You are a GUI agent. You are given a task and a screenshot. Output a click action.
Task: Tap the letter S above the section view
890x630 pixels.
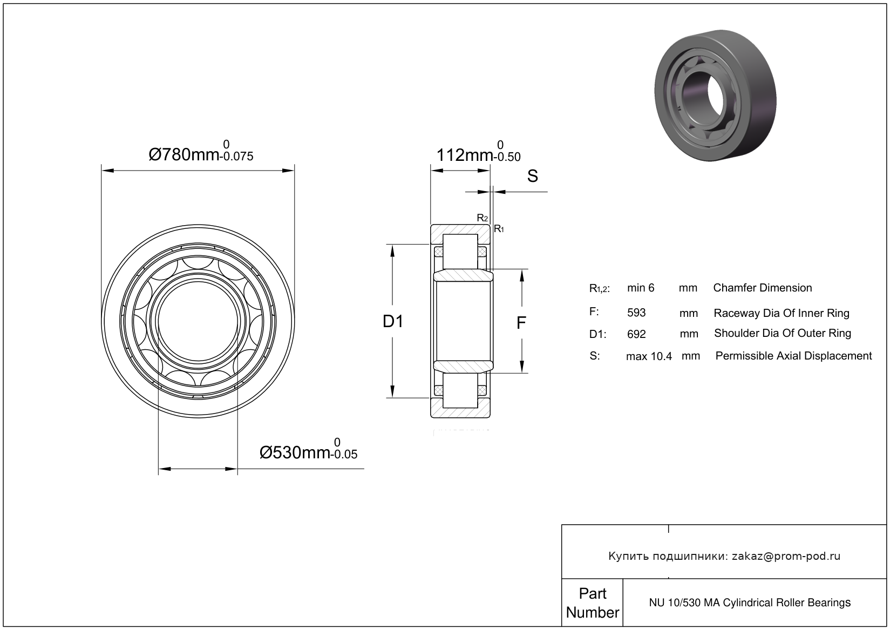point(532,176)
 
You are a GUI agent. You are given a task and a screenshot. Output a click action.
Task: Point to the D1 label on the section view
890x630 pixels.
point(393,322)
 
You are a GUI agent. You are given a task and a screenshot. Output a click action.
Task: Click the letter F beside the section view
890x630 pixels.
point(521,323)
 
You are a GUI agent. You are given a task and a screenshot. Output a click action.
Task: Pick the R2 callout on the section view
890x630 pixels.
point(482,218)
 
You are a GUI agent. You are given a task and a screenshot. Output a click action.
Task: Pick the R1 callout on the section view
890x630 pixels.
point(499,229)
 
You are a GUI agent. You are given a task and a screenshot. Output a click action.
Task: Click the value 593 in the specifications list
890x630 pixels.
point(636,313)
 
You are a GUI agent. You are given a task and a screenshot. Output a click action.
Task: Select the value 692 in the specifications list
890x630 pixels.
point(636,334)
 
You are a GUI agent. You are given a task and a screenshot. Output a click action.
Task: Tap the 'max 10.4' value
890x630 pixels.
point(649,356)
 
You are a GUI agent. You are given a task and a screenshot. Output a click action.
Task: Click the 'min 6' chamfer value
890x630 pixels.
point(641,288)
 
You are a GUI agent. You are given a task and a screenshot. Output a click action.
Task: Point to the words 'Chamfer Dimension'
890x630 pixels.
point(762,288)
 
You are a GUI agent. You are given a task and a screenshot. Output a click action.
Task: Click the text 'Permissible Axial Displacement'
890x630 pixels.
point(793,356)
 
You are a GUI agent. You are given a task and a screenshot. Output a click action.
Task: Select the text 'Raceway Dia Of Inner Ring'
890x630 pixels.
point(781,313)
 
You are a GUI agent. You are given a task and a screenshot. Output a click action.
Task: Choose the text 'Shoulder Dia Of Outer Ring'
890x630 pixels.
point(782,333)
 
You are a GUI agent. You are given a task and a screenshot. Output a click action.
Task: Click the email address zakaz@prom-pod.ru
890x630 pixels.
point(786,556)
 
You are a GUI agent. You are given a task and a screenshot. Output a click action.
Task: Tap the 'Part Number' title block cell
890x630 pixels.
point(592,602)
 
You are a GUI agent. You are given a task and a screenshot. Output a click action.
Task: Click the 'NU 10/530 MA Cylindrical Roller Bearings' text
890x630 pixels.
point(750,602)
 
